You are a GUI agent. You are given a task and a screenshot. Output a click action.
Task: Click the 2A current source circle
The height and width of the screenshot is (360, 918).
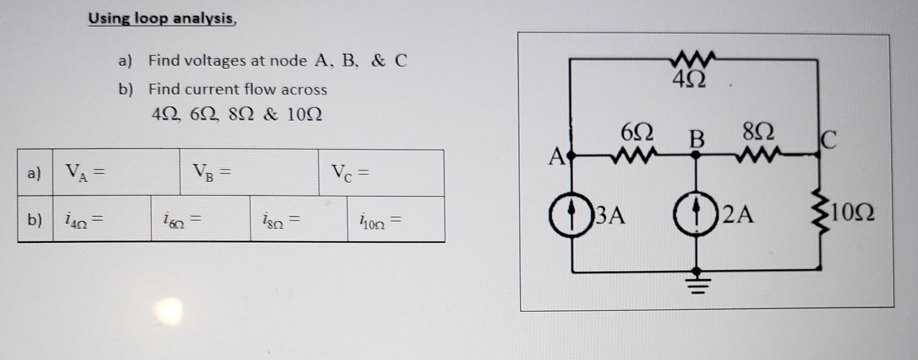[x=696, y=215]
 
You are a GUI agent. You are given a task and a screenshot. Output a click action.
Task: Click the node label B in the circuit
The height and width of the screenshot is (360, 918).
[x=697, y=139]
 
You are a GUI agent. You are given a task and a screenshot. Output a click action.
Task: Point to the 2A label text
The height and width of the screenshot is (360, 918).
[x=738, y=215]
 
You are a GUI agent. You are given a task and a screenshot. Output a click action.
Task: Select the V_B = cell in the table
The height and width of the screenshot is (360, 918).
[x=249, y=172]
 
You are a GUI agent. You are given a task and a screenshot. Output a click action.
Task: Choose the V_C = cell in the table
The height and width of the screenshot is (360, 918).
[x=381, y=173]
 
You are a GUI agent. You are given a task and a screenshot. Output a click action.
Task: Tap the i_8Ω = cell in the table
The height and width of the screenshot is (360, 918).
[x=298, y=219]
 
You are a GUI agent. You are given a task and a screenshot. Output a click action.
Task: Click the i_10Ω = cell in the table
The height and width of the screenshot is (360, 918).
[x=396, y=219]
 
